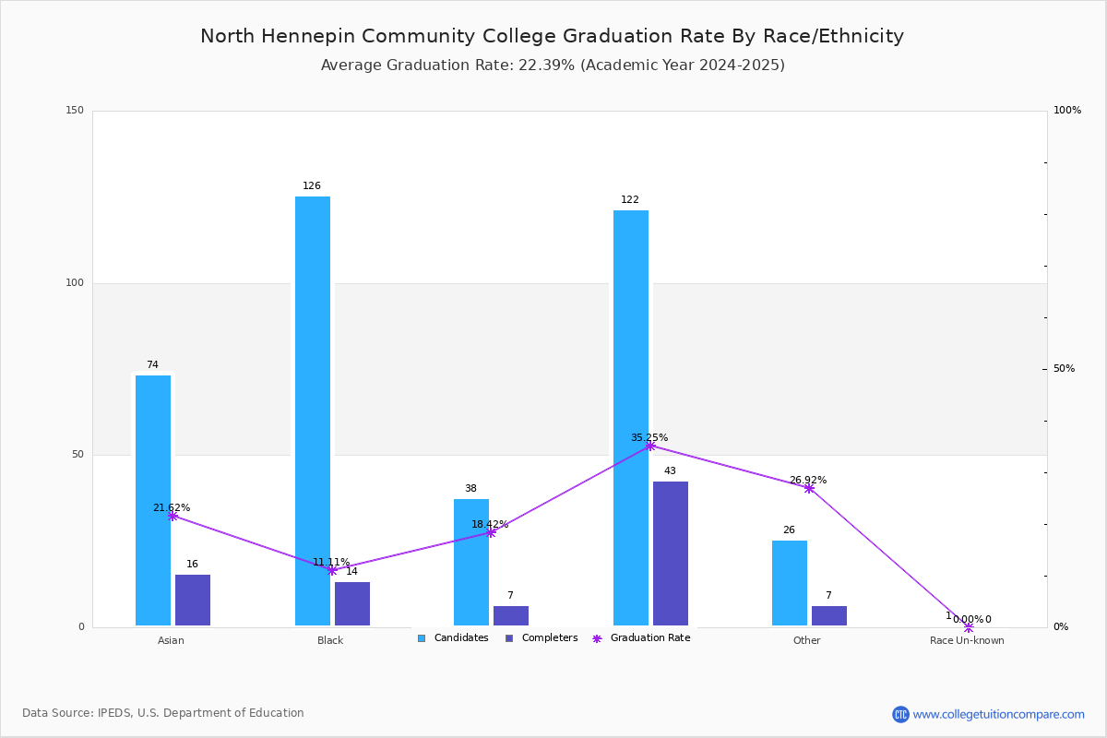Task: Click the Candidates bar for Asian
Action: [153, 500]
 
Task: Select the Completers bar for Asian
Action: [193, 600]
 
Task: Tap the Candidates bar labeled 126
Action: [313, 411]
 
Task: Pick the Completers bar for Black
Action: [352, 603]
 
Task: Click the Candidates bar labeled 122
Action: [631, 418]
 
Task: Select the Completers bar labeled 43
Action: [671, 553]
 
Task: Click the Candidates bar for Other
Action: [790, 583]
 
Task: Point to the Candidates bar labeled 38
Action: [471, 562]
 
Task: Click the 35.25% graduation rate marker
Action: [650, 446]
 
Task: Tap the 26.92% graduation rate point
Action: [809, 488]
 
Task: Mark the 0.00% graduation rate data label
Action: [968, 619]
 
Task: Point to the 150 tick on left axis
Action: [75, 111]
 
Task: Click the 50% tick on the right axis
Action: [1064, 369]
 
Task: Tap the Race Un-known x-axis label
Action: [967, 640]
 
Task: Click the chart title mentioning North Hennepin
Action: [552, 36]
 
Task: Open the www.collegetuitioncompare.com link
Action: [998, 714]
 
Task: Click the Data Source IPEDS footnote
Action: [163, 713]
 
